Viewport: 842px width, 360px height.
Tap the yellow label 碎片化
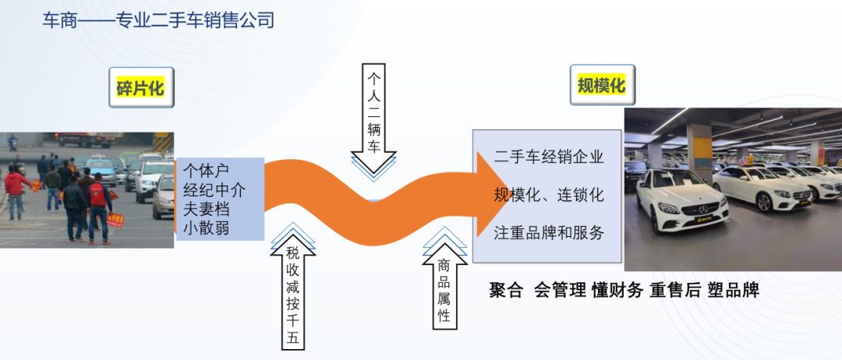point(140,88)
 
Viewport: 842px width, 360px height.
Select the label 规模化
point(602,85)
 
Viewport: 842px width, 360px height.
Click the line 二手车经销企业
point(549,157)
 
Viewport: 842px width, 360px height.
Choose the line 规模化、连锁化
point(549,194)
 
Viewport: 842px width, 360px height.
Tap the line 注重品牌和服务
point(549,232)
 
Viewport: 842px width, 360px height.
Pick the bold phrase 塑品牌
point(733,291)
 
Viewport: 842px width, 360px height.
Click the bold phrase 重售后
point(675,291)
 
